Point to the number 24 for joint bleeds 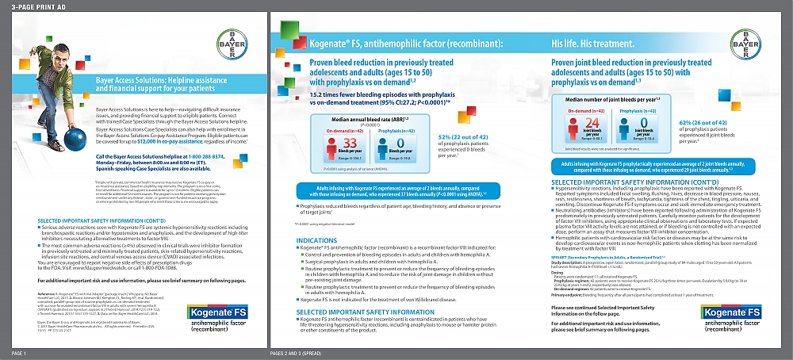click(588, 123)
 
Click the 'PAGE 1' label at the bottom click(20, 352)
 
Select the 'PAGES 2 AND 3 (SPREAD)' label click(302, 352)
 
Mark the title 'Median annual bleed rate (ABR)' click(348, 118)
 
